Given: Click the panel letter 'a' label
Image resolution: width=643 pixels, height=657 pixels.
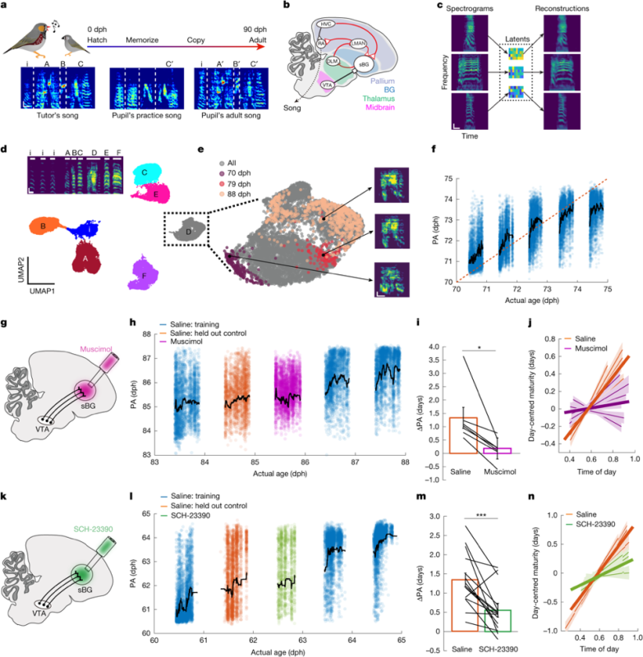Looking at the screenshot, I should pyautogui.click(x=7, y=7).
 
